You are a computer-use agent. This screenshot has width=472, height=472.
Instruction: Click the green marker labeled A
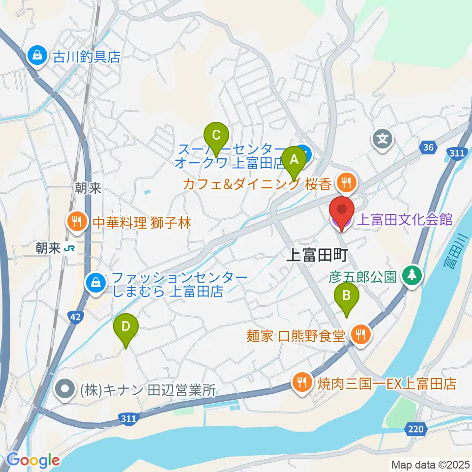(294, 160)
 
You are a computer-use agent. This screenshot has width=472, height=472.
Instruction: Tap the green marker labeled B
(347, 296)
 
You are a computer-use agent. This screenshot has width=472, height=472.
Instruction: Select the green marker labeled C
(216, 134)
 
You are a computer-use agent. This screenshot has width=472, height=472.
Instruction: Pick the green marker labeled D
(126, 326)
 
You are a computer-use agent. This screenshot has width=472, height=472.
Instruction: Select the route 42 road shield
(75, 318)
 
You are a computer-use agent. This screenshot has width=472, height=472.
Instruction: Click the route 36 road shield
(428, 147)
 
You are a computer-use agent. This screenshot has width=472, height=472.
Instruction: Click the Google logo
(33, 460)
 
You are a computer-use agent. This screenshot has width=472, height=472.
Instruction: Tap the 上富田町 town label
(317, 254)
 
